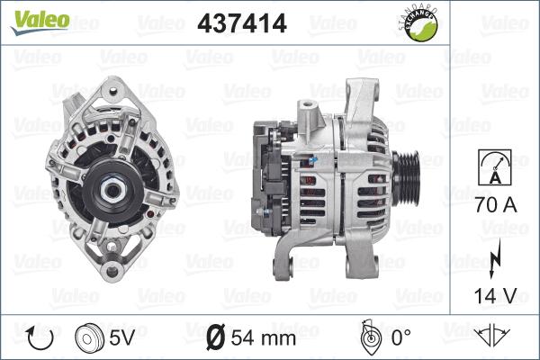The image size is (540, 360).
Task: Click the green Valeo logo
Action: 40,22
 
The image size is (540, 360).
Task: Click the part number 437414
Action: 242,23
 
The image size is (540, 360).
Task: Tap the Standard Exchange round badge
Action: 418,23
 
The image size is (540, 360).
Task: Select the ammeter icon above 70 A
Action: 495,167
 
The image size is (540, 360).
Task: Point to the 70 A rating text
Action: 496,204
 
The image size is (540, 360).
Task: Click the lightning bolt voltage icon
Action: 495,258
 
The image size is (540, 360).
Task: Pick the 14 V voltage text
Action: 495,295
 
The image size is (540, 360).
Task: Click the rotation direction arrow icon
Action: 40,337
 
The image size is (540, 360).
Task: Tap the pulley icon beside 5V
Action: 89,337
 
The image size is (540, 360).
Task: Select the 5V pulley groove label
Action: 121,337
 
